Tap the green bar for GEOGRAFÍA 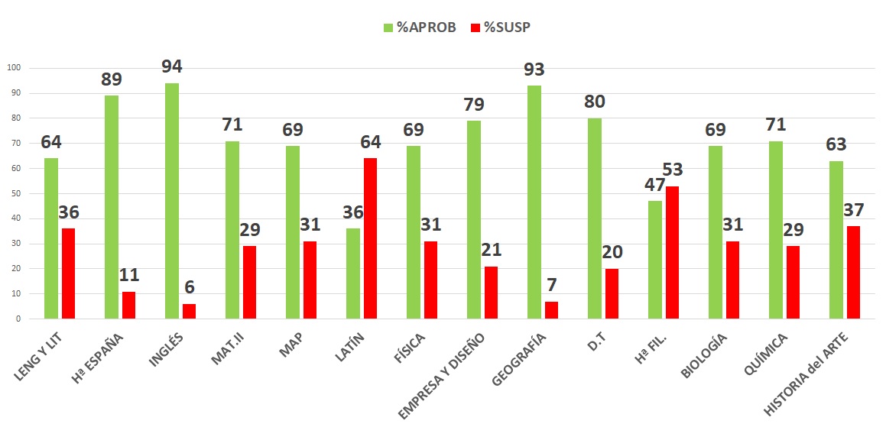click(x=534, y=202)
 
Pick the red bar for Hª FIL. click(x=672, y=252)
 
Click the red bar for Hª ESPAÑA click(x=128, y=305)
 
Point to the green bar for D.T click(x=595, y=218)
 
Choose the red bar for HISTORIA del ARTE click(x=853, y=272)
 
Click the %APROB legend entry click(x=420, y=27)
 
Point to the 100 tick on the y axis click(x=15, y=68)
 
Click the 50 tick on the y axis click(x=16, y=193)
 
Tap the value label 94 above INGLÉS click(x=172, y=66)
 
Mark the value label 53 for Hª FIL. click(x=673, y=169)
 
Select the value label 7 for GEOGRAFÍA click(x=552, y=283)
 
